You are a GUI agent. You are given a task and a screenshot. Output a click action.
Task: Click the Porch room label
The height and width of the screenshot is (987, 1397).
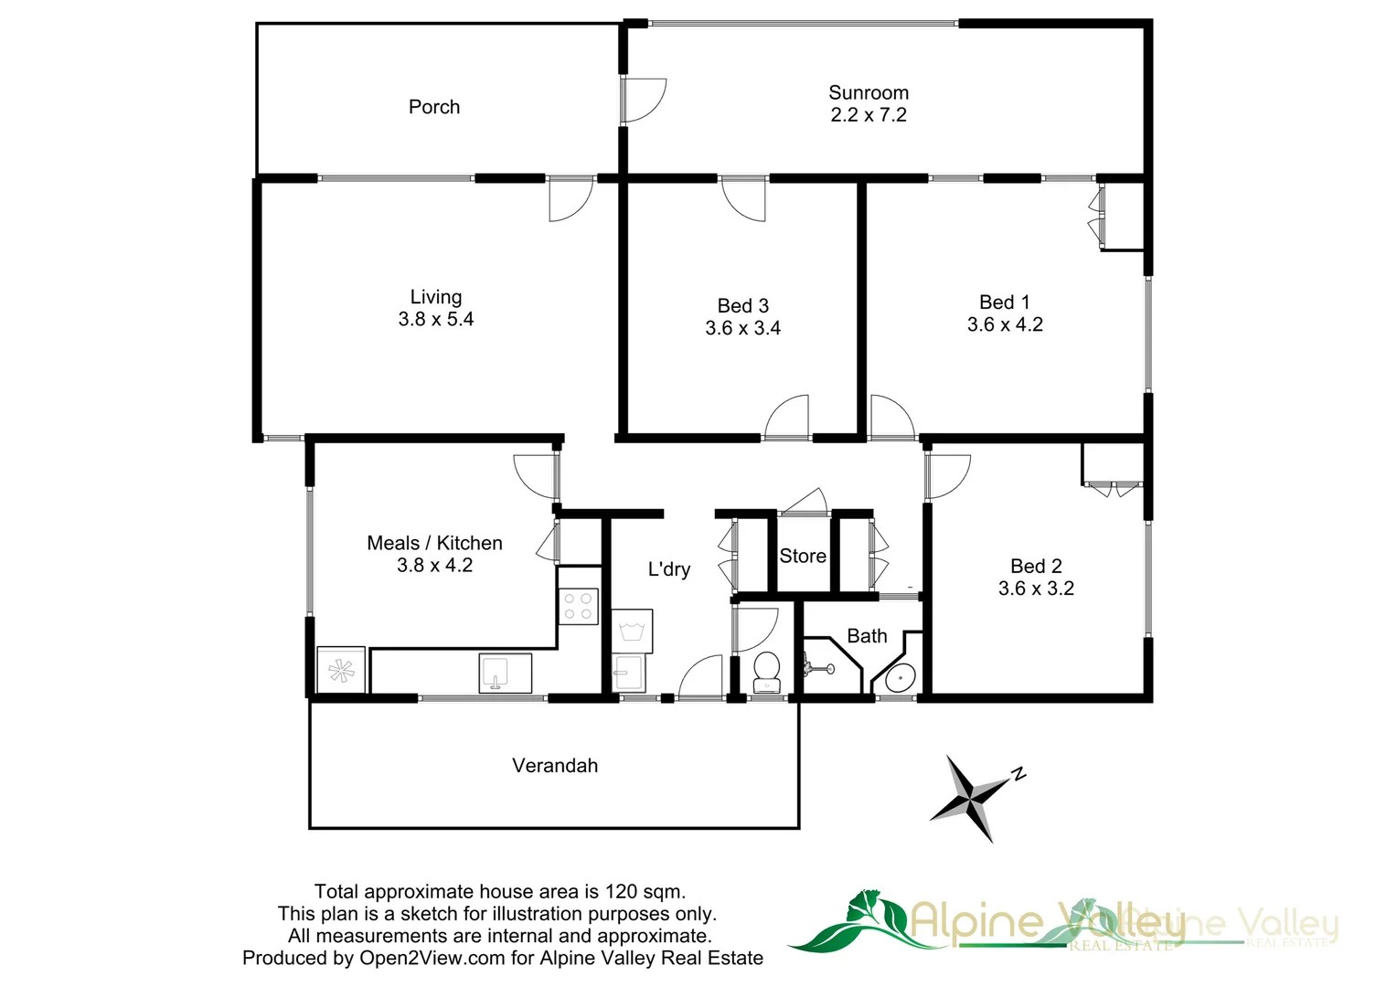pos(434,107)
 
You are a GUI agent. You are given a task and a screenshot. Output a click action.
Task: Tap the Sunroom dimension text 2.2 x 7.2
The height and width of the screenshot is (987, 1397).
pos(869,115)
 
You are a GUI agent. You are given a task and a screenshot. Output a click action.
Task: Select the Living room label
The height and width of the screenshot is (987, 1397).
pos(436,297)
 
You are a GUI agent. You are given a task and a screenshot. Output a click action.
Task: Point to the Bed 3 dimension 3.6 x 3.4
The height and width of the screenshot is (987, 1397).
pos(742,328)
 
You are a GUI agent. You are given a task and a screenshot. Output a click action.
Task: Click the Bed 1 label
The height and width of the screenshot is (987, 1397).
pos(1004,302)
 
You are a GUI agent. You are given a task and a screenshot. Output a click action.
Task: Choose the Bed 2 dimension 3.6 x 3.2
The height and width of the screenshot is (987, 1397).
pos(1036,589)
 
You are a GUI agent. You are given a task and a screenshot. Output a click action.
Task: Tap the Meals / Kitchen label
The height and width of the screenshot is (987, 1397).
pos(434,543)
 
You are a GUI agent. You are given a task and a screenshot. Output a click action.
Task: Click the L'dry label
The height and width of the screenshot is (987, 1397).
pos(669,569)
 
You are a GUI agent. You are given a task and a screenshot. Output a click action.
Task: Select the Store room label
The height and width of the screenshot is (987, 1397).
pos(803,556)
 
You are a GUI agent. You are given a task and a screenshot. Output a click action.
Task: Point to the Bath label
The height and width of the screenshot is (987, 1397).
pos(867,636)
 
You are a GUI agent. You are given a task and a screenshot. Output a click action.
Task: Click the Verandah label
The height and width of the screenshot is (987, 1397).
pos(555,766)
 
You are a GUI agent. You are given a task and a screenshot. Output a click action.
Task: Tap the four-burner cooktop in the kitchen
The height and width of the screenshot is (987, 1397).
pos(578,607)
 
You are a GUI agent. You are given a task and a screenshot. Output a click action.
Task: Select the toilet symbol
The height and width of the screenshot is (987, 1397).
pos(765,672)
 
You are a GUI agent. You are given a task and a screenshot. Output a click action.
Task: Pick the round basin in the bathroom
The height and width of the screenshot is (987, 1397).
pos(900,678)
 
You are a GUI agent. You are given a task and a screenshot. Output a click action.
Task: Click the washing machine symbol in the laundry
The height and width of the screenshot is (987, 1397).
pos(632,631)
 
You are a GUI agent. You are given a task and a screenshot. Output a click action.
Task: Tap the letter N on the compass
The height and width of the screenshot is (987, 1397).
pos(1018,774)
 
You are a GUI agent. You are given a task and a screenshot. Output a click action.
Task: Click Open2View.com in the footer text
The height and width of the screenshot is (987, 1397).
pos(432,958)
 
